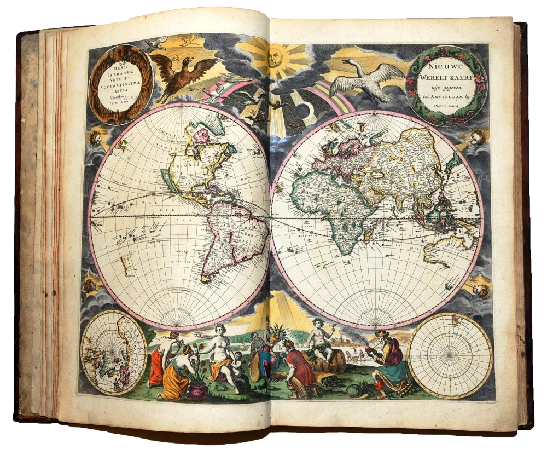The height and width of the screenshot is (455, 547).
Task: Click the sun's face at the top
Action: tap(275, 56)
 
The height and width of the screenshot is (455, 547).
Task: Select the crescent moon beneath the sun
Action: tap(301, 110)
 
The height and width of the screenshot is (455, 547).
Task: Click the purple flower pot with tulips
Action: tap(197, 389)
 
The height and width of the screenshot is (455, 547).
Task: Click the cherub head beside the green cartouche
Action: tap(477, 137)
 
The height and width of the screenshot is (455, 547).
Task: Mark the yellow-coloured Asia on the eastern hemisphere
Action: tap(402, 164)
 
